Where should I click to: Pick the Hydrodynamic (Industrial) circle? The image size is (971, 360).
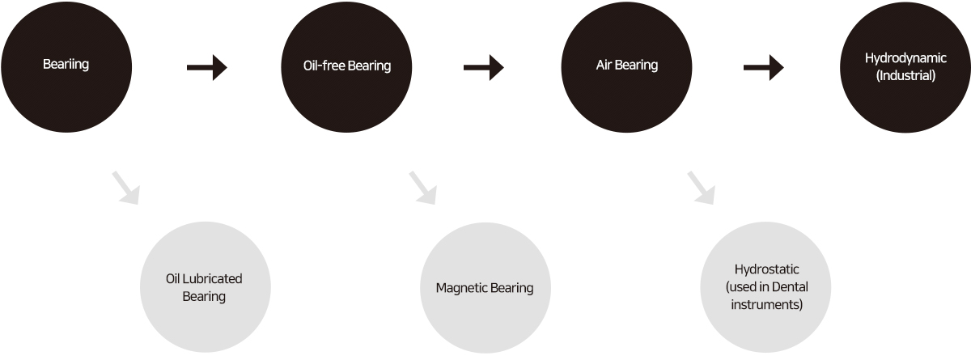tap(905, 66)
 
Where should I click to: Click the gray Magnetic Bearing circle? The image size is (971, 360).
tap(484, 288)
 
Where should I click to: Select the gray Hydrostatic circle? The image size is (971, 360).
tap(765, 288)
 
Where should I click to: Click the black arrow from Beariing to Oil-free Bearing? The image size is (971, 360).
tap(207, 68)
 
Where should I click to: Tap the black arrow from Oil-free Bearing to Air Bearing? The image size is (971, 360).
tap(484, 68)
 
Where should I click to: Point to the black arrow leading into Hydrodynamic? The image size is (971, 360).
tap(764, 68)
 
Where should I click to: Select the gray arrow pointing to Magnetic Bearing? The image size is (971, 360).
tap(422, 187)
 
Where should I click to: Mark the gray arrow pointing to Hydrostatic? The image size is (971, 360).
tap(701, 187)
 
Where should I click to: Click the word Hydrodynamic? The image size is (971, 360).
tap(905, 58)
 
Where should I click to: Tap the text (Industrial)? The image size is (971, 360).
tap(905, 75)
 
